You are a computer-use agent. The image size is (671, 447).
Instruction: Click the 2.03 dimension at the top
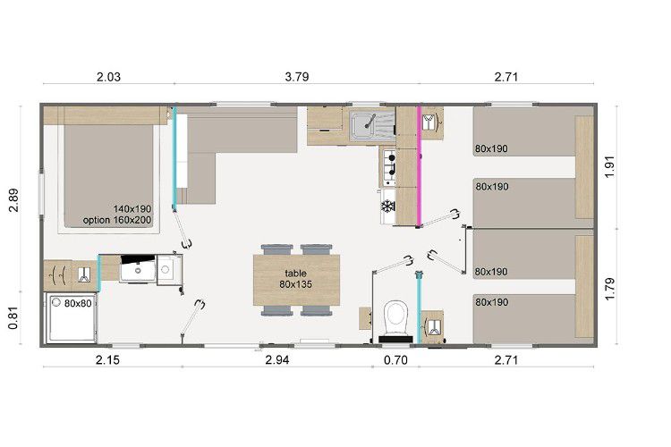(108, 77)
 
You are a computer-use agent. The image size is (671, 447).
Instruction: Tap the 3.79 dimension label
(296, 77)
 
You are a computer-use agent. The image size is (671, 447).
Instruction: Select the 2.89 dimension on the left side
(13, 199)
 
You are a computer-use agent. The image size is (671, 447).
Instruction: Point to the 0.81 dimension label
(13, 319)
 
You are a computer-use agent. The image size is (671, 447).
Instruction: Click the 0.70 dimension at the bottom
(395, 360)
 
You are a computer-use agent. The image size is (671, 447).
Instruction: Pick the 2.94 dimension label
(277, 360)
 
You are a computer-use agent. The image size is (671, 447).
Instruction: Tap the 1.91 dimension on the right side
(610, 167)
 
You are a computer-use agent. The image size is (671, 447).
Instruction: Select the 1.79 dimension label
(610, 289)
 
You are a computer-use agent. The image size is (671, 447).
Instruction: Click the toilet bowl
(395, 318)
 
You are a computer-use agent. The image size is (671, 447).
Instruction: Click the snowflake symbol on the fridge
(387, 207)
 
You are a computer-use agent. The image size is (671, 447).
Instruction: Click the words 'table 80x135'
(296, 278)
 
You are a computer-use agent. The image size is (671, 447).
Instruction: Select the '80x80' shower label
(78, 303)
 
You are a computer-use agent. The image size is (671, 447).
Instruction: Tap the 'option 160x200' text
(117, 220)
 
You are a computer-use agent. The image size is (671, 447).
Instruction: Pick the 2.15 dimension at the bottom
(108, 360)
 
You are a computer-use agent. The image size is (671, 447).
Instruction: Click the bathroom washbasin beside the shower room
(138, 269)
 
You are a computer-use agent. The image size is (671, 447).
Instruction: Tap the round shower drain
(56, 302)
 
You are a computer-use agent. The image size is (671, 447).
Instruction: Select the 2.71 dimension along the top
(506, 77)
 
